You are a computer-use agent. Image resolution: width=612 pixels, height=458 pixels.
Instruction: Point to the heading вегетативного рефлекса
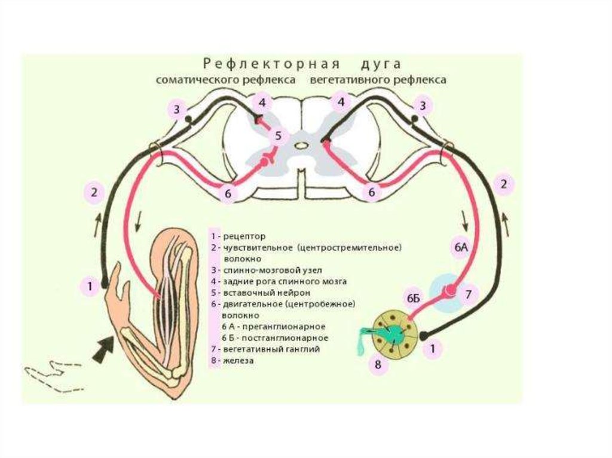378,79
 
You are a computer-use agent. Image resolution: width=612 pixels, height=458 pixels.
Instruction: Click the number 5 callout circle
279,137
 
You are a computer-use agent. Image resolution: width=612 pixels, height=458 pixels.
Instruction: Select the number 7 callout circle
469,294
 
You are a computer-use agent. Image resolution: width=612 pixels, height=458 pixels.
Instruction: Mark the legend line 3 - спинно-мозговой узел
265,270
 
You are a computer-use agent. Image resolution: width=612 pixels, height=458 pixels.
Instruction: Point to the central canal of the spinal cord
303,145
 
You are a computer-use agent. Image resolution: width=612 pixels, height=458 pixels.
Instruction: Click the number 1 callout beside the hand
90,286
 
